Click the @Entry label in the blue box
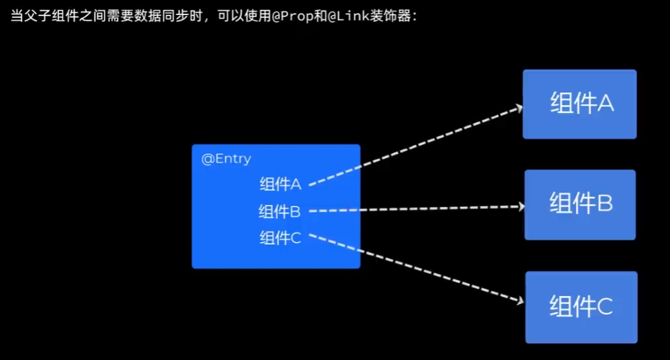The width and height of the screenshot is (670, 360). tap(225, 159)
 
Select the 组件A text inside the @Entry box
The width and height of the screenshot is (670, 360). tap(280, 184)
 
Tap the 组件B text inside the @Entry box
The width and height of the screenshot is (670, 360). tap(280, 211)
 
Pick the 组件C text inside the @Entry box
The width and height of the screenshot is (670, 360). tap(280, 238)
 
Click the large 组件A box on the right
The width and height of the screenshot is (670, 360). tap(580, 104)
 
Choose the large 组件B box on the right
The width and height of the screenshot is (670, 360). tap(580, 205)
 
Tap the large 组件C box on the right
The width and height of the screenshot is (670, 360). tap(581, 307)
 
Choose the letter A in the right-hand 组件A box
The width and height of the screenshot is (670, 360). tap(605, 104)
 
